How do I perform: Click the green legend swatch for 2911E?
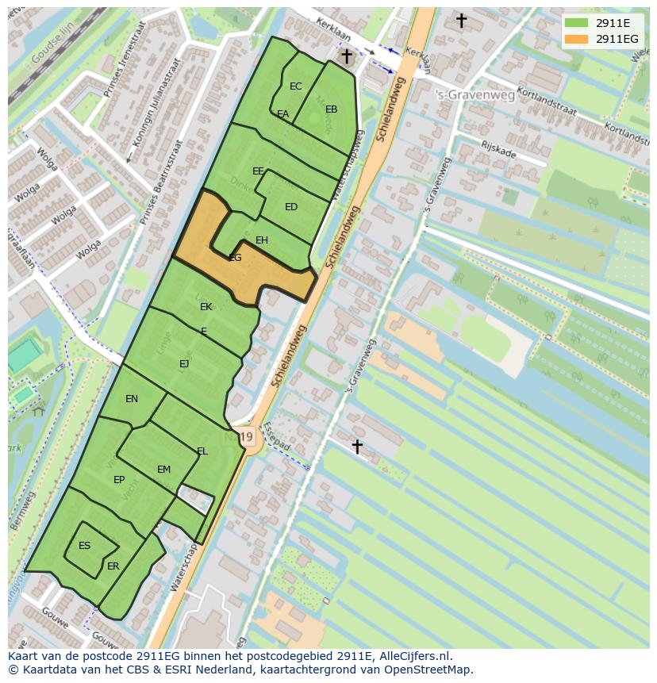pyautogui.click(x=577, y=23)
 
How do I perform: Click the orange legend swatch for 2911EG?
pyautogui.click(x=577, y=39)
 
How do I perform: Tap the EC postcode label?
pyautogui.click(x=296, y=86)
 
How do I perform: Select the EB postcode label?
pyautogui.click(x=332, y=109)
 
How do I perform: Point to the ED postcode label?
pyautogui.click(x=291, y=207)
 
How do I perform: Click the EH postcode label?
pyautogui.click(x=262, y=240)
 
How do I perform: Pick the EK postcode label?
pyautogui.click(x=206, y=307)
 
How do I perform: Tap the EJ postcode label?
pyautogui.click(x=184, y=364)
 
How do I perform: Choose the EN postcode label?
pyautogui.click(x=132, y=399)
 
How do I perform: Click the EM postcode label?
pyautogui.click(x=163, y=470)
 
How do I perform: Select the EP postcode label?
pyautogui.click(x=119, y=480)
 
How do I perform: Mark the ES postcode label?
pyautogui.click(x=85, y=546)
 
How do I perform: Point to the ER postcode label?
pyautogui.click(x=113, y=566)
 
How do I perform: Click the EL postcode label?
pyautogui.click(x=202, y=451)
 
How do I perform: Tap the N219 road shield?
pyautogui.click(x=248, y=437)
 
